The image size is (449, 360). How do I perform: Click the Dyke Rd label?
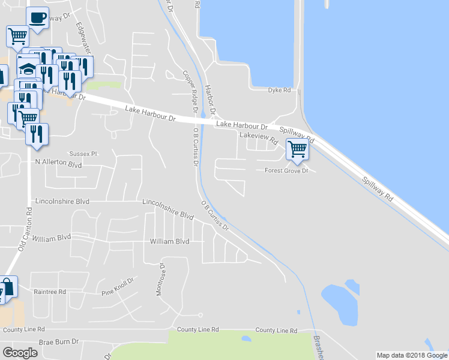point(279,90)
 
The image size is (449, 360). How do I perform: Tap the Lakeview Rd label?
point(259,137)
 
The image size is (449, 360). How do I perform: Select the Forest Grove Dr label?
point(286,171)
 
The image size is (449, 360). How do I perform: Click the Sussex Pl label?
point(83,154)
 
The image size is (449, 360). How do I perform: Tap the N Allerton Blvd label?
point(58,163)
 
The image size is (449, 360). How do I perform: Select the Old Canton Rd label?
point(25,230)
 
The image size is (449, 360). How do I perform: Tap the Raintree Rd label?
point(50,292)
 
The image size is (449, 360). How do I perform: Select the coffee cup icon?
point(37,17)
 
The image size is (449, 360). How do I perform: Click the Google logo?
point(20,353)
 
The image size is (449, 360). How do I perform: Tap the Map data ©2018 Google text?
point(412,355)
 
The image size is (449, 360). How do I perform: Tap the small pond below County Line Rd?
point(246,339)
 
